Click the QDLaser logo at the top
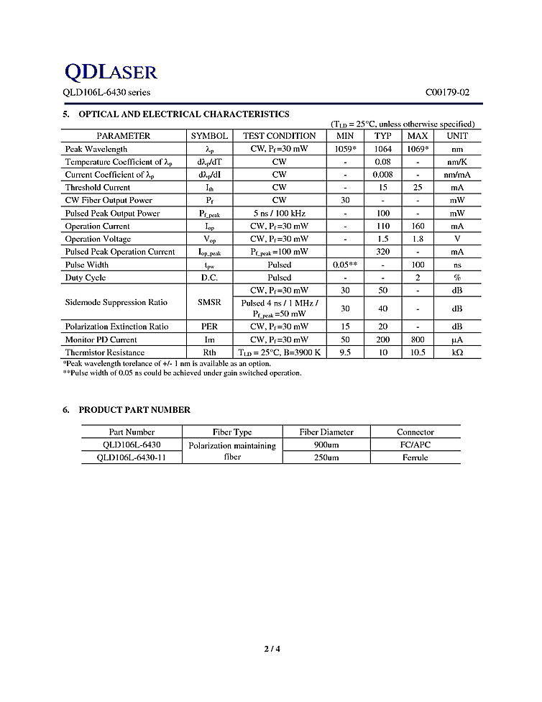(111, 71)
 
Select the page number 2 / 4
(272, 650)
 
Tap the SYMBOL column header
(209, 136)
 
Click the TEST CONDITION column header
(279, 136)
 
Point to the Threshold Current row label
(98, 188)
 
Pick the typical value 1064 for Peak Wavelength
(382, 149)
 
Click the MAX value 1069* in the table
(418, 149)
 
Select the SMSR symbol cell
(209, 303)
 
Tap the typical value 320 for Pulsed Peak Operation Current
(382, 252)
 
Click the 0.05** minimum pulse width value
(345, 265)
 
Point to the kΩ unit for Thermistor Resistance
(456, 352)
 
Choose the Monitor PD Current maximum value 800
(418, 339)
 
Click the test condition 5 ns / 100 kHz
(279, 214)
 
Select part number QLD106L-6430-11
(130, 457)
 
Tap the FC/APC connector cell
(415, 445)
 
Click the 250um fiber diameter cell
(326, 457)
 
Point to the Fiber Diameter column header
(326, 432)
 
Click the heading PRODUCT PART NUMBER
(134, 410)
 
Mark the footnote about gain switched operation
(182, 373)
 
